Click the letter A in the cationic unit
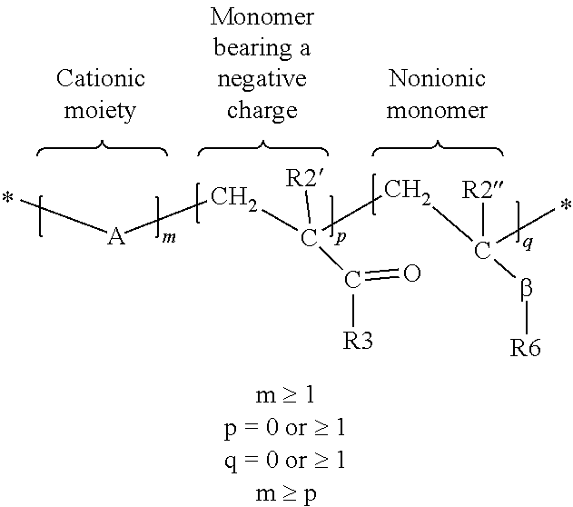115,238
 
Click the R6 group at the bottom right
527,348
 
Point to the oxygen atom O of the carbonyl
410,273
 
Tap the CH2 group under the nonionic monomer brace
407,191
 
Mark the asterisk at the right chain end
565,207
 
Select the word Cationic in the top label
101,79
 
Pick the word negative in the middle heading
259,79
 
